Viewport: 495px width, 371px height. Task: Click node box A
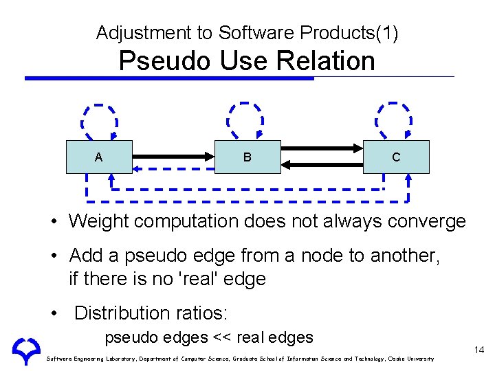pyautogui.click(x=98, y=157)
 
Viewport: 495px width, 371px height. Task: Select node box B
pyautogui.click(x=247, y=157)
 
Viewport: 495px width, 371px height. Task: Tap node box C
pyautogui.click(x=396, y=157)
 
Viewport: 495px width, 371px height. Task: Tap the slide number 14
pyautogui.click(x=479, y=350)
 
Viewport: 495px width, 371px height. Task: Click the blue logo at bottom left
pyautogui.click(x=26, y=350)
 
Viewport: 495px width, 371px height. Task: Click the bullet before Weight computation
pyautogui.click(x=58, y=222)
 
